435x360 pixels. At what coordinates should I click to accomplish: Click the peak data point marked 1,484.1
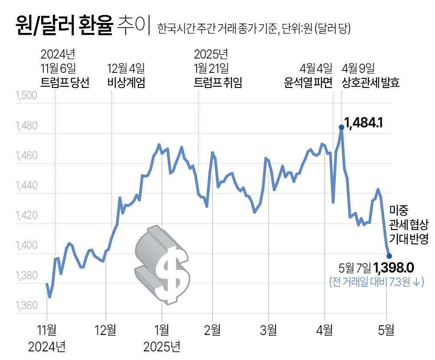pyautogui.click(x=341, y=127)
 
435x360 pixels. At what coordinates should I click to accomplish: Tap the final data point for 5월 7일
pyautogui.click(x=389, y=256)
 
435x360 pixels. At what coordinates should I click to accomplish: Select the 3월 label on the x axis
pyautogui.click(x=268, y=330)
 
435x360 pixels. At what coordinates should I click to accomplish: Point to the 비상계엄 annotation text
pyautogui.click(x=126, y=82)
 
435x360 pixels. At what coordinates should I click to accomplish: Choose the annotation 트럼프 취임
pyautogui.click(x=218, y=82)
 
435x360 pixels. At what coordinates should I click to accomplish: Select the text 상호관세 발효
pyautogui.click(x=371, y=82)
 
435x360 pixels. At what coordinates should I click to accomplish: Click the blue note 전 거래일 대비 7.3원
pyautogui.click(x=376, y=282)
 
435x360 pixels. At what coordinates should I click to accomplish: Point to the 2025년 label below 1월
pyautogui.click(x=162, y=346)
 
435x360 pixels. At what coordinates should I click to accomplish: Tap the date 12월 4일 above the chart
pyautogui.click(x=126, y=68)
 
